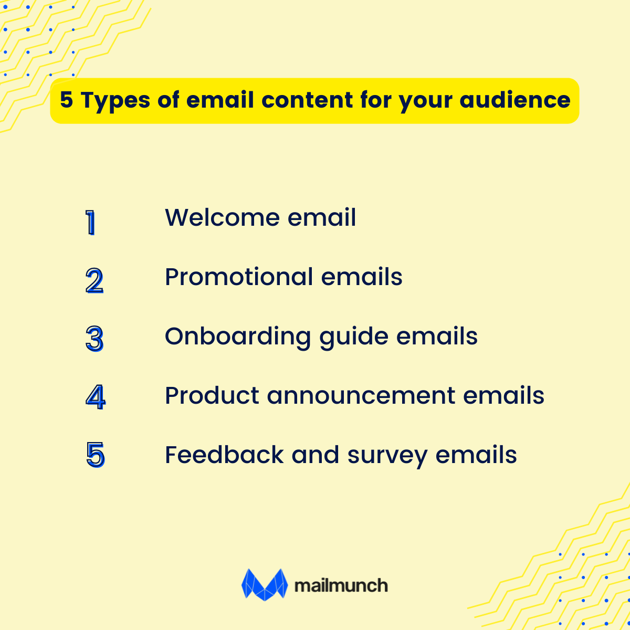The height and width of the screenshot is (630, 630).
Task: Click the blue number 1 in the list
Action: [x=91, y=223]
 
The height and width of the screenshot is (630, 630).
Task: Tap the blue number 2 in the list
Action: [x=94, y=281]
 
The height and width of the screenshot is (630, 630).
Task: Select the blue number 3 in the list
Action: [x=94, y=339]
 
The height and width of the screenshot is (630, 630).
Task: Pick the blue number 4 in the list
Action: [x=95, y=397]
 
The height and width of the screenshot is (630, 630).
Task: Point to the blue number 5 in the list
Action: [x=96, y=455]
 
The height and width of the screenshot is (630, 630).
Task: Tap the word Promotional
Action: [x=239, y=277]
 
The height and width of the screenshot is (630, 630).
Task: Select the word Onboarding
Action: [x=238, y=337]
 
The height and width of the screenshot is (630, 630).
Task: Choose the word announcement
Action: [x=361, y=396]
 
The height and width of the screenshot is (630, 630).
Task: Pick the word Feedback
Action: [x=224, y=455]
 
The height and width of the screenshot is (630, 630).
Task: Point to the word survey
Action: [x=387, y=456]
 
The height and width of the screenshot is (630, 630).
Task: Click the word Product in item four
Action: [x=212, y=396]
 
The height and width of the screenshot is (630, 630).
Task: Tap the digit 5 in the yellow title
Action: [x=66, y=100]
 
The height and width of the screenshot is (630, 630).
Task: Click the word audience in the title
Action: [x=515, y=100]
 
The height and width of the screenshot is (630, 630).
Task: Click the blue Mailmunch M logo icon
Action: [x=265, y=584]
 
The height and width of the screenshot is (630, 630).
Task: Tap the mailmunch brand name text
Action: [x=341, y=585]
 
